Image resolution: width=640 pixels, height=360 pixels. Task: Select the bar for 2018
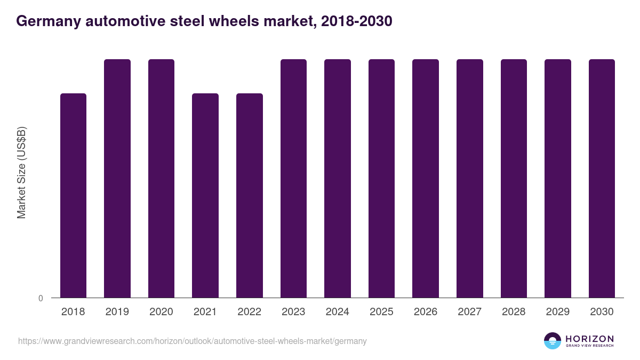point(73,195)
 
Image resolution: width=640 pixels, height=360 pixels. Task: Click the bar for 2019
point(117,178)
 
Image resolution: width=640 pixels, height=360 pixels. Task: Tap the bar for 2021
point(205,195)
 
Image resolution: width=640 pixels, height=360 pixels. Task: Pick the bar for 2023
point(293,178)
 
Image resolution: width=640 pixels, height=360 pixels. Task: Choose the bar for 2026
point(426,178)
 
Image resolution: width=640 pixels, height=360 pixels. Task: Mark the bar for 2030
point(602,178)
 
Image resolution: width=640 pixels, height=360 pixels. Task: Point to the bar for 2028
point(514,178)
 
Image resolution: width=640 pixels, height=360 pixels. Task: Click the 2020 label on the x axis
point(161,312)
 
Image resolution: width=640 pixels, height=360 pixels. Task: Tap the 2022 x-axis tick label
point(249,312)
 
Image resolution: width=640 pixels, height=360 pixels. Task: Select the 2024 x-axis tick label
point(337,312)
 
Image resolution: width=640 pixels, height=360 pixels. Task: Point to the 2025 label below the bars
point(381,312)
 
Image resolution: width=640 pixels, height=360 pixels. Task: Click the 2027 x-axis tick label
point(469,312)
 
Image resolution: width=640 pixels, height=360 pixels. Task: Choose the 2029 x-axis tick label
point(557,312)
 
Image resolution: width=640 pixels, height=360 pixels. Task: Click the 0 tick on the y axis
point(41,298)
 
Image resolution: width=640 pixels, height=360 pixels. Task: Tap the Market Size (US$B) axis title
point(21,172)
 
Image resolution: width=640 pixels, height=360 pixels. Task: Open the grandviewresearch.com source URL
point(192,341)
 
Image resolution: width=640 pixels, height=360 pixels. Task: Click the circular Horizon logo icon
point(552,341)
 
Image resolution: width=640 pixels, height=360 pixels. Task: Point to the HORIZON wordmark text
point(589,338)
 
